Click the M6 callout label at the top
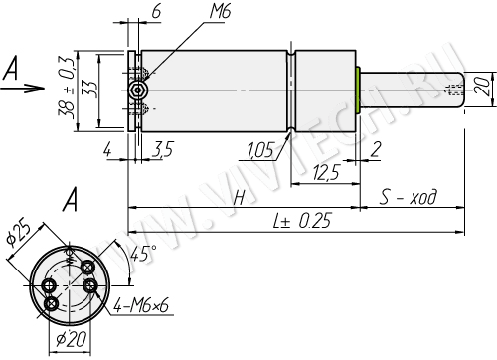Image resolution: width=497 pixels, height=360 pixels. point(220,12)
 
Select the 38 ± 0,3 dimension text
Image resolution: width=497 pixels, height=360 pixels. point(67,88)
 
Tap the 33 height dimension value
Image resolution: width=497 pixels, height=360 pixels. point(89,89)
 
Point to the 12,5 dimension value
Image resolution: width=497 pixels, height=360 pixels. point(327,172)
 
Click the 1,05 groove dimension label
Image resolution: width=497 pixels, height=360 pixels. point(260,150)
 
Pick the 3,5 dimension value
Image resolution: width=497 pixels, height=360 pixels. point(163,149)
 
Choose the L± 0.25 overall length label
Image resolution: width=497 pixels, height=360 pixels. point(302,221)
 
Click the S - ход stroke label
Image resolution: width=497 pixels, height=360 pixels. point(409,197)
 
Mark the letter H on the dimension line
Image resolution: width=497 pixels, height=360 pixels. point(240,198)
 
